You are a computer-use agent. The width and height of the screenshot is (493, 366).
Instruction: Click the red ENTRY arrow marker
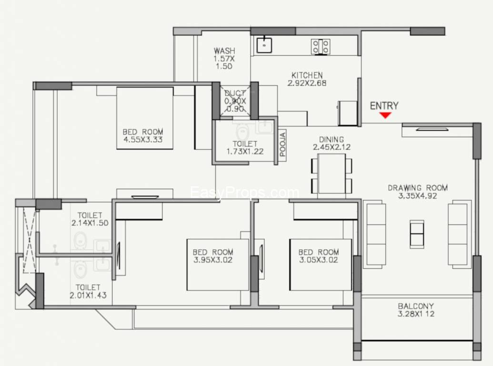(385, 115)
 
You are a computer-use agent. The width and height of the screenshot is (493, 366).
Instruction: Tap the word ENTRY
(384, 106)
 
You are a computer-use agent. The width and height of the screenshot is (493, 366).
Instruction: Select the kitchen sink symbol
(264, 45)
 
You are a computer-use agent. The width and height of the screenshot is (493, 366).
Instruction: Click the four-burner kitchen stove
(321, 47)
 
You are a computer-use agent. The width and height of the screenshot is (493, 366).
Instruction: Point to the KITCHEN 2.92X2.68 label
(307, 79)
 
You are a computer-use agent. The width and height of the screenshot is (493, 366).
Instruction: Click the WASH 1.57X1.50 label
(224, 59)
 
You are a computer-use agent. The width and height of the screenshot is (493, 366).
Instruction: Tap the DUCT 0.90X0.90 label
(235, 101)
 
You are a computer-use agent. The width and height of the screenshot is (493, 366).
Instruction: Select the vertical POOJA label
(282, 144)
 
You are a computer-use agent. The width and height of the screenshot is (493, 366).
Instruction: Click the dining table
(332, 173)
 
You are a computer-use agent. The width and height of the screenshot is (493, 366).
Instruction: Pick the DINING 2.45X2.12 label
(332, 143)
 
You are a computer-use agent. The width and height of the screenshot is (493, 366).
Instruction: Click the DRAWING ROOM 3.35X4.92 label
(418, 192)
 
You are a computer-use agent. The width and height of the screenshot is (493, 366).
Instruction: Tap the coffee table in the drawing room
(417, 234)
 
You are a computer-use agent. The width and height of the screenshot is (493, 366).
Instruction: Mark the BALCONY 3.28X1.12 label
(416, 310)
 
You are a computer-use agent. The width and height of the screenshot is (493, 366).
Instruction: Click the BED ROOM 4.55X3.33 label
(143, 135)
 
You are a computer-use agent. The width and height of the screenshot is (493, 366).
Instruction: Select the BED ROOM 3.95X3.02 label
(213, 256)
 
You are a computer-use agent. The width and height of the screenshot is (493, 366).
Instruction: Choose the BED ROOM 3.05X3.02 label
(319, 256)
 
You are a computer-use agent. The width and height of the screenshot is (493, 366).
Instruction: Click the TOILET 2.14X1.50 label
(90, 219)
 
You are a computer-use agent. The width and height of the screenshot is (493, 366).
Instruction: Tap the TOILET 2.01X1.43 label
(88, 291)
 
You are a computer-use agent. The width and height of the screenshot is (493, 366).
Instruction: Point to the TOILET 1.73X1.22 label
(245, 147)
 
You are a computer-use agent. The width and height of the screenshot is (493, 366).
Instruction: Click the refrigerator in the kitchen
(348, 113)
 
